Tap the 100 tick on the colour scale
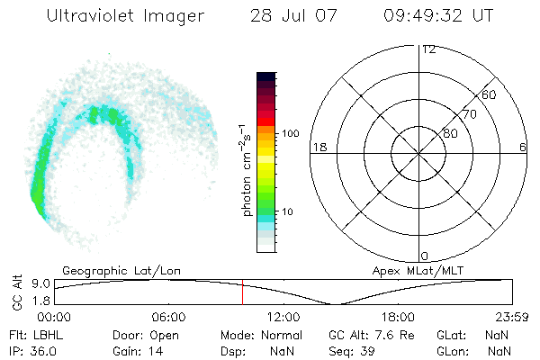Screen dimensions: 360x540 coord(291,133)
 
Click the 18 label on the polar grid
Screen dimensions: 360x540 coord(318,147)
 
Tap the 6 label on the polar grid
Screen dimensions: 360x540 coord(523,147)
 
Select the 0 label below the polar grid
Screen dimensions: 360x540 coord(426,256)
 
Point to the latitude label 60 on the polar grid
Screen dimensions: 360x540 coord(490,94)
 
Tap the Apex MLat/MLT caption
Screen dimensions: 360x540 coord(417,270)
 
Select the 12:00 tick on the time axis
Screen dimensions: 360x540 coord(283,318)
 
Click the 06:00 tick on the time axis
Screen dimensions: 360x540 coord(168,318)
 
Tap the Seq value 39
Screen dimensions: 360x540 coord(365,350)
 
